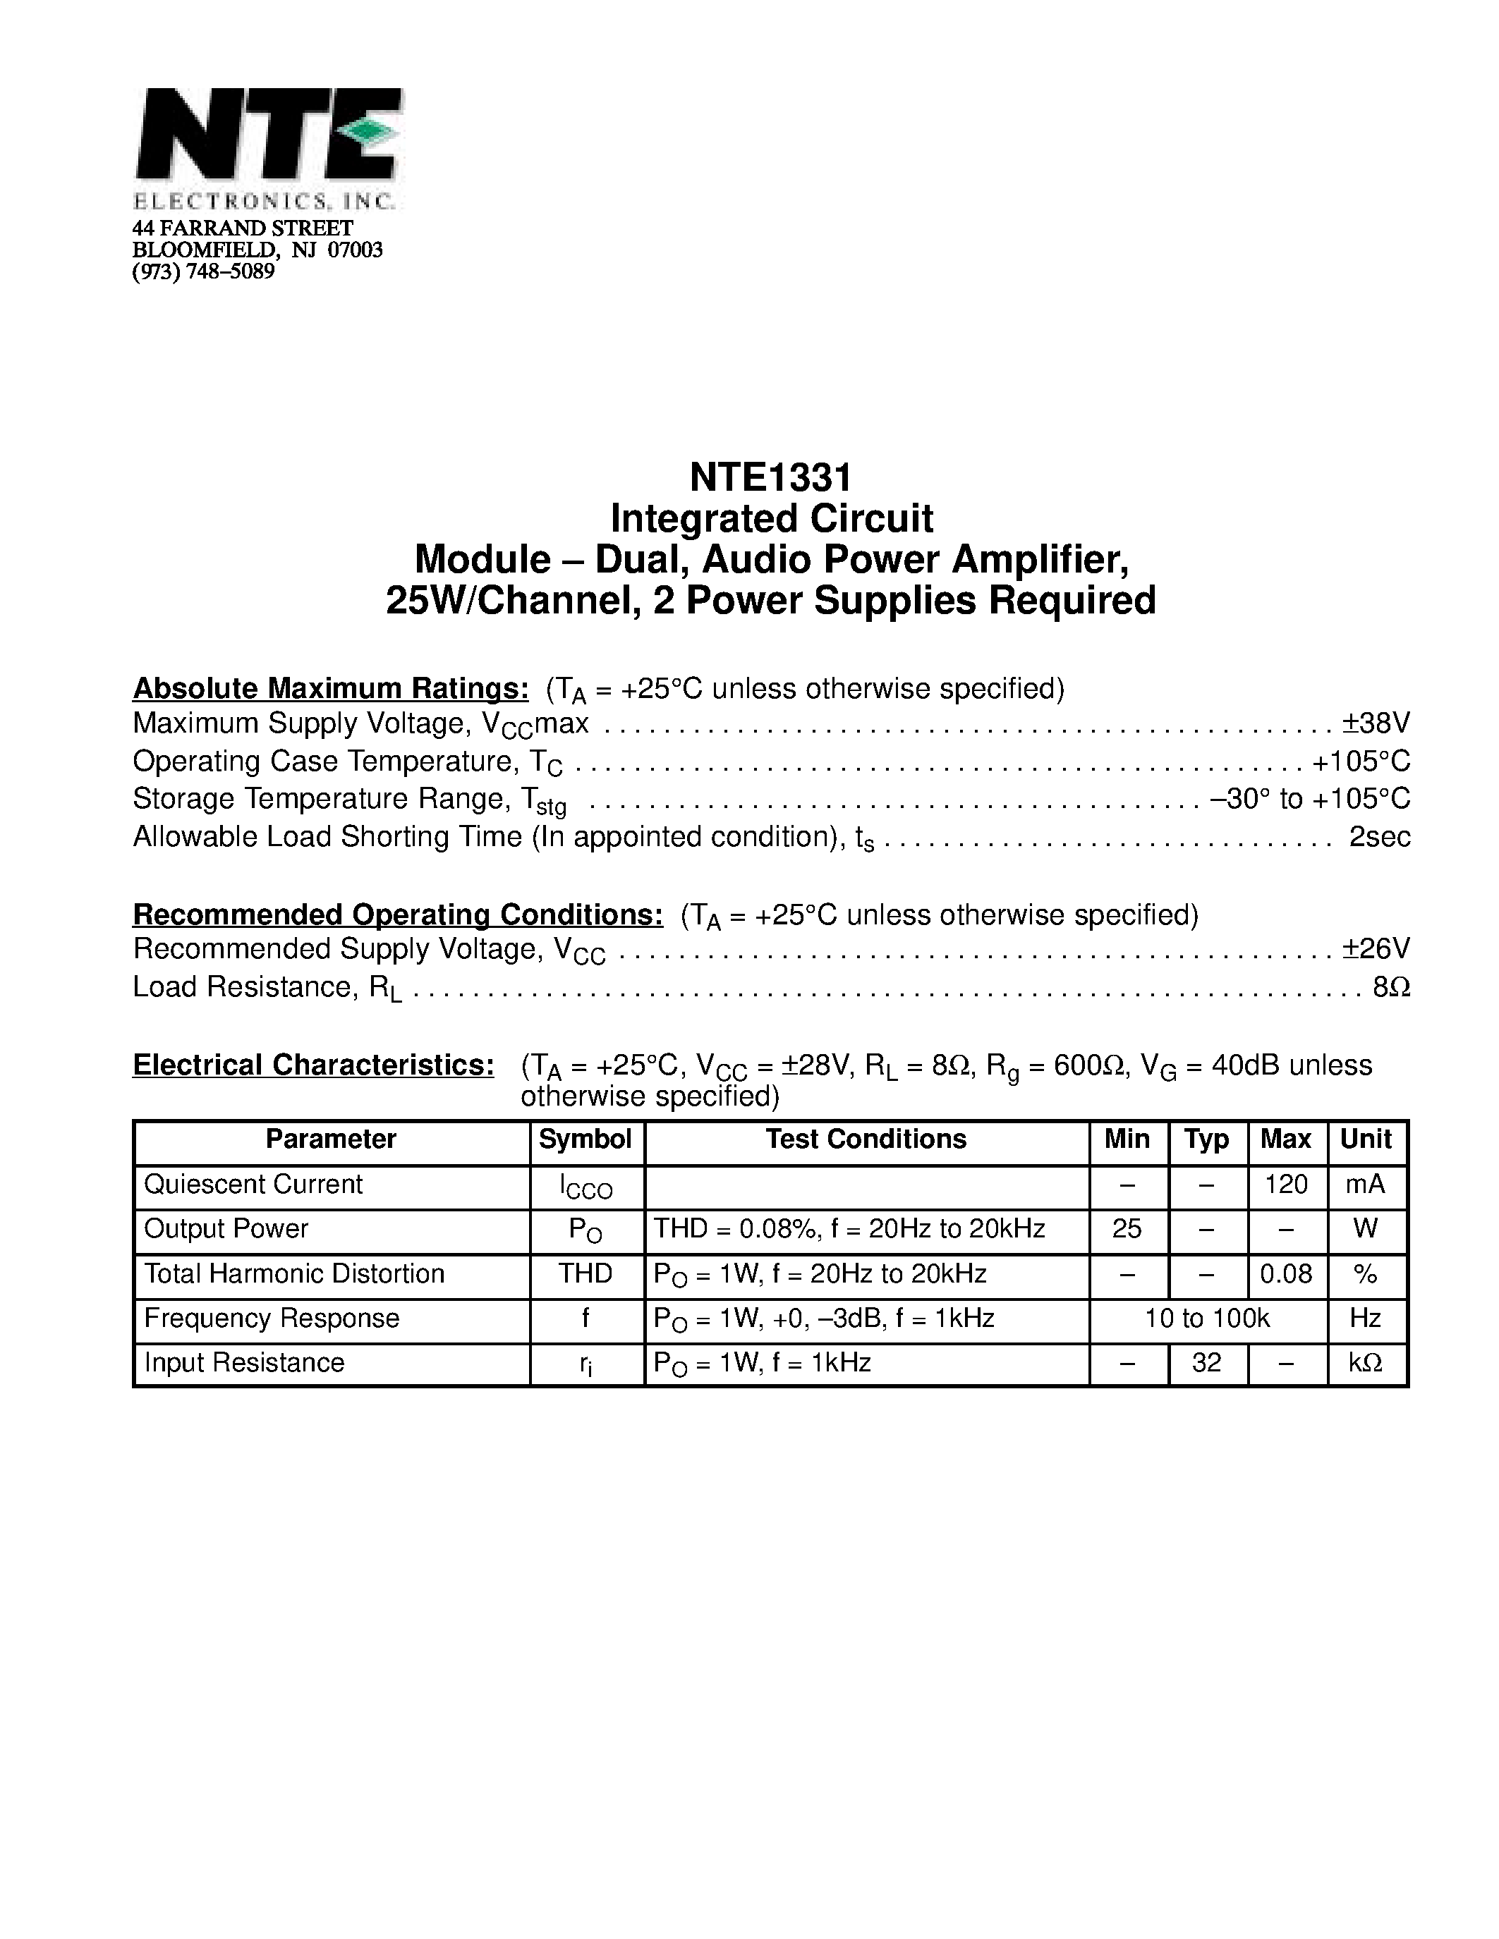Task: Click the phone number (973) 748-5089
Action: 203,271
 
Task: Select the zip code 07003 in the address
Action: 356,250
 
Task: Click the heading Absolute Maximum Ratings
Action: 330,689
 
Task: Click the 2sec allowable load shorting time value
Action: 1379,837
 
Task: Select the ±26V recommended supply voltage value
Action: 1376,949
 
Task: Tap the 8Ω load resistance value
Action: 1390,987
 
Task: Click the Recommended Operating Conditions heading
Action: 397,915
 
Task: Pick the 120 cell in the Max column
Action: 1286,1185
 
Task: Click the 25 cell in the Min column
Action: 1127,1230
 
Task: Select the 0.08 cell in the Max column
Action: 1286,1275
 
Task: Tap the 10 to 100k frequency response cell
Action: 1207,1319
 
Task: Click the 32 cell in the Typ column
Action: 1207,1364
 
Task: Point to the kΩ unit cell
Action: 1365,1364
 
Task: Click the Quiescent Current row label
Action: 253,1185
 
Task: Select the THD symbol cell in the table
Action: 585,1275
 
